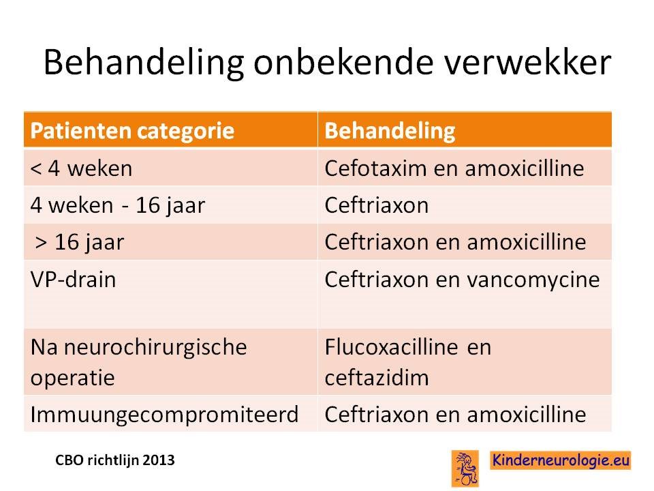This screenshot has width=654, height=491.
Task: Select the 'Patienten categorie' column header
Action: pos(132,131)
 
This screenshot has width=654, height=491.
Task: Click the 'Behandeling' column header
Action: pos(390,131)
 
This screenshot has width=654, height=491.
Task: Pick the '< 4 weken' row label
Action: pos(81,168)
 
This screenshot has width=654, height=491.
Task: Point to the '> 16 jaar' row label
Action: pos(80,243)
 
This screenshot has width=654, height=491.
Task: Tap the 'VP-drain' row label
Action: pos(73,280)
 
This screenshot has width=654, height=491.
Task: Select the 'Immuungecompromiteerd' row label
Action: pos(164,415)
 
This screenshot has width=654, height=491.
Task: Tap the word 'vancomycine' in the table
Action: pos(533,280)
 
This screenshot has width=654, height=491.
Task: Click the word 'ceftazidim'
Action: pos(376,378)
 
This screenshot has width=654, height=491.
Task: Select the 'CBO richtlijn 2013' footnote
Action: pos(114,460)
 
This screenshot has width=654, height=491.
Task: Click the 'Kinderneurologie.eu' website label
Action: pos(560,460)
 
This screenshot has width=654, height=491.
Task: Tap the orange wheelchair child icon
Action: pos(465,468)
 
